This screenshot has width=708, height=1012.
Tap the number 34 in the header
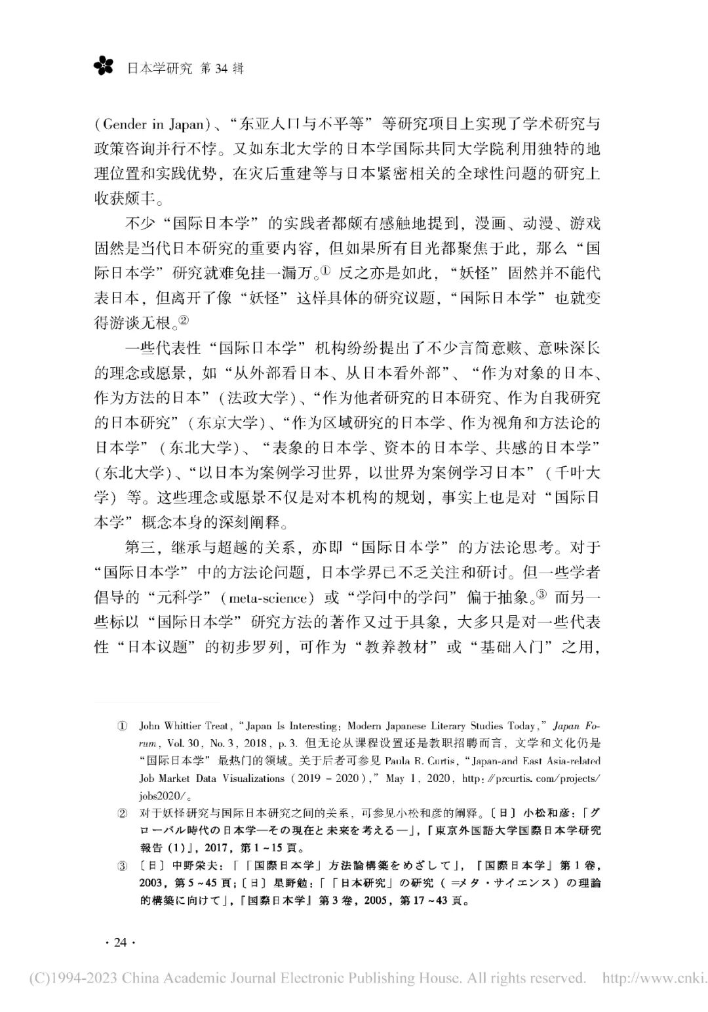pyautogui.click(x=223, y=68)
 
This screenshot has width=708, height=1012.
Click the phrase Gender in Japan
pyautogui.click(x=153, y=125)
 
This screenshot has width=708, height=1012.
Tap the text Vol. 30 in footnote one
pyautogui.click(x=180, y=744)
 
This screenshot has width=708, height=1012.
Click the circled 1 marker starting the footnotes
pyautogui.click(x=123, y=727)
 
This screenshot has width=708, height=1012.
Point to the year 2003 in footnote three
pyautogui.click(x=153, y=883)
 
